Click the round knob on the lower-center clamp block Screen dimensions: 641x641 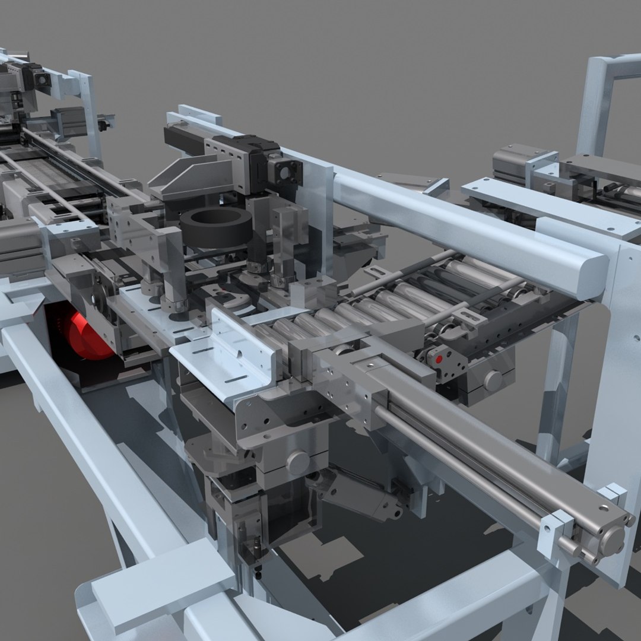point(297,461)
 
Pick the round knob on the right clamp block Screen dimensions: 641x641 point(492,380)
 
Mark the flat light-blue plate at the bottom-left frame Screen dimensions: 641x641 point(163,585)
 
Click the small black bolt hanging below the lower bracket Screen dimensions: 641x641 point(258,573)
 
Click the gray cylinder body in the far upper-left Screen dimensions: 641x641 point(71,122)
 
